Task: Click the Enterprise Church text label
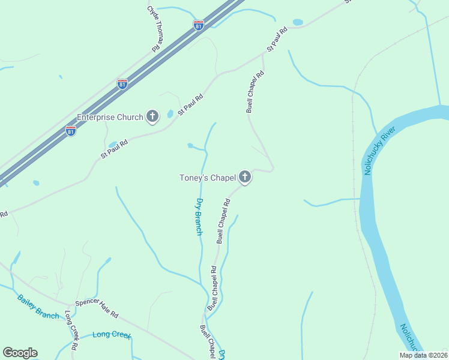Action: point(110,117)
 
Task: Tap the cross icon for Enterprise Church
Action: point(152,116)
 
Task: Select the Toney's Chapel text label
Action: point(207,178)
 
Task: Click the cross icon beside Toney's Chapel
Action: point(244,177)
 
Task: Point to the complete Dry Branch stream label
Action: point(200,216)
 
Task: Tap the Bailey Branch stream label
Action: point(38,306)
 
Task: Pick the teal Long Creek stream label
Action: point(112,334)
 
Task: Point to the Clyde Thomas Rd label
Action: point(154,28)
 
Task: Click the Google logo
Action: point(20,353)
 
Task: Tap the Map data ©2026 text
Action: point(423,355)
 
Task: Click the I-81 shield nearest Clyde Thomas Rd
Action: point(199,25)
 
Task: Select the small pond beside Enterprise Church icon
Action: point(170,113)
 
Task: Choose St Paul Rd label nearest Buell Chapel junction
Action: point(274,41)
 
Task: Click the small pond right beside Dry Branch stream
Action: point(190,145)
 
